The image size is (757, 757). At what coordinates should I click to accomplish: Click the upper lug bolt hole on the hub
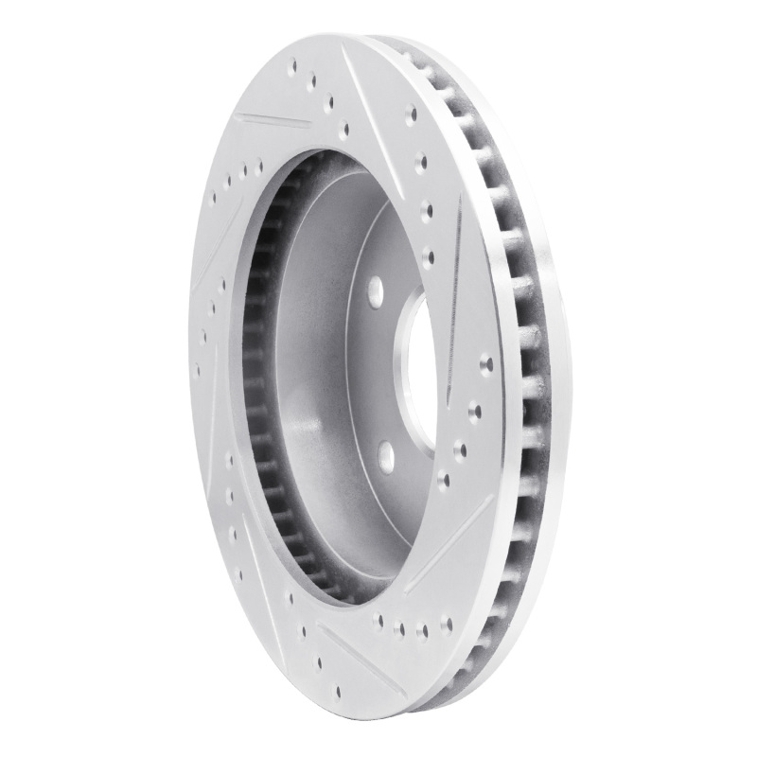[x=374, y=288]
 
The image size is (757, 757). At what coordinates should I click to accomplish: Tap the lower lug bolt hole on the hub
[x=386, y=456]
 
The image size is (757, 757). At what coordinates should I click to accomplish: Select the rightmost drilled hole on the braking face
[x=486, y=361]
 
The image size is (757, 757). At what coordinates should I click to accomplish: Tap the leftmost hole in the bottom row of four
[x=380, y=620]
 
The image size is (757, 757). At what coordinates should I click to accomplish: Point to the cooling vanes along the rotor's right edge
[x=530, y=378]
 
